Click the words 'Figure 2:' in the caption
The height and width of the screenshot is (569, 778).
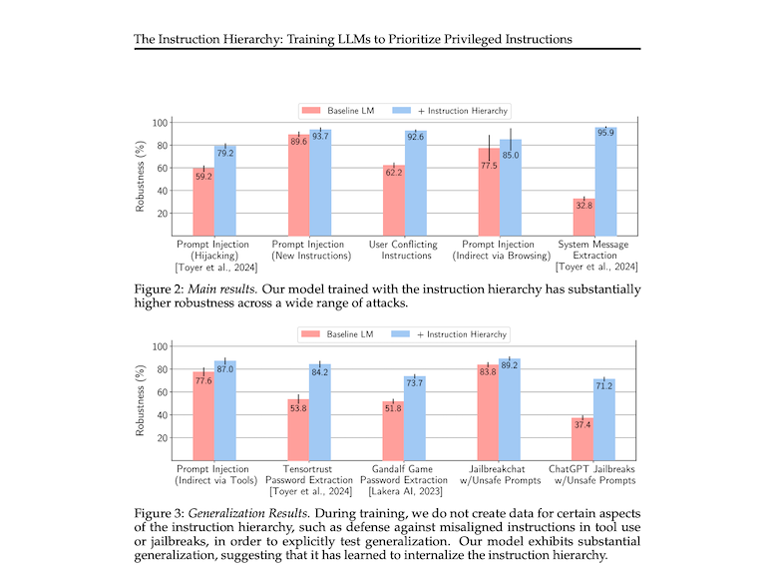click(x=157, y=288)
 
